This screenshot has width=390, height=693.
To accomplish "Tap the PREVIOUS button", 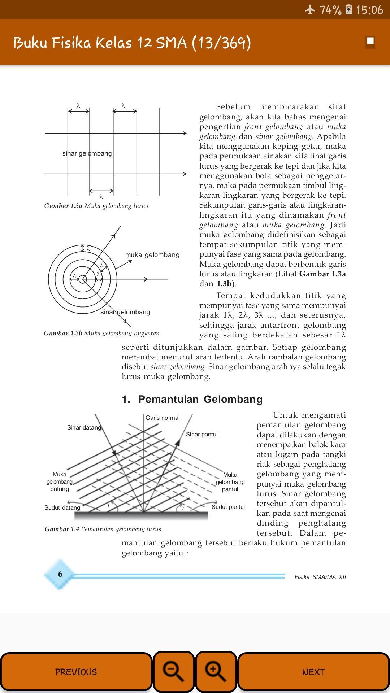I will click(76, 672).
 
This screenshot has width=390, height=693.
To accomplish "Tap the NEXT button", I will click(313, 672).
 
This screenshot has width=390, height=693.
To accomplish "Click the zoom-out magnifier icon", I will click(174, 672).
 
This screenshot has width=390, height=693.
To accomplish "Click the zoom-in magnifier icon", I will click(216, 672).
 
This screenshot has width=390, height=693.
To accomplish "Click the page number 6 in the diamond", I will click(60, 574).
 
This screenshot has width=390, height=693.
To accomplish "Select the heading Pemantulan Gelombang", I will click(192, 399).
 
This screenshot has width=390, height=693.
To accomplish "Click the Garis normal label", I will click(162, 418).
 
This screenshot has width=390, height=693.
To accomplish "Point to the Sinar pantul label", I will click(201, 434).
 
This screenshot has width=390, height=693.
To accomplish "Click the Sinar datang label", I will click(84, 427).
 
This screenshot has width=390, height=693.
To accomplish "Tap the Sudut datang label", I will click(62, 507).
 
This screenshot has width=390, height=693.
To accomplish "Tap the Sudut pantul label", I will click(228, 507).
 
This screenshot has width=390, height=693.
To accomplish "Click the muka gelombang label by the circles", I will click(152, 255).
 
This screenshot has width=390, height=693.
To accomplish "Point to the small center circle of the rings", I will click(83, 279).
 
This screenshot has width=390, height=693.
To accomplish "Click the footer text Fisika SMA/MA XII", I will click(320, 577).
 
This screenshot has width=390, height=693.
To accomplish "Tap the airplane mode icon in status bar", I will click(310, 10).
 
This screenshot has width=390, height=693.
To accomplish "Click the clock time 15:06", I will click(369, 10).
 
